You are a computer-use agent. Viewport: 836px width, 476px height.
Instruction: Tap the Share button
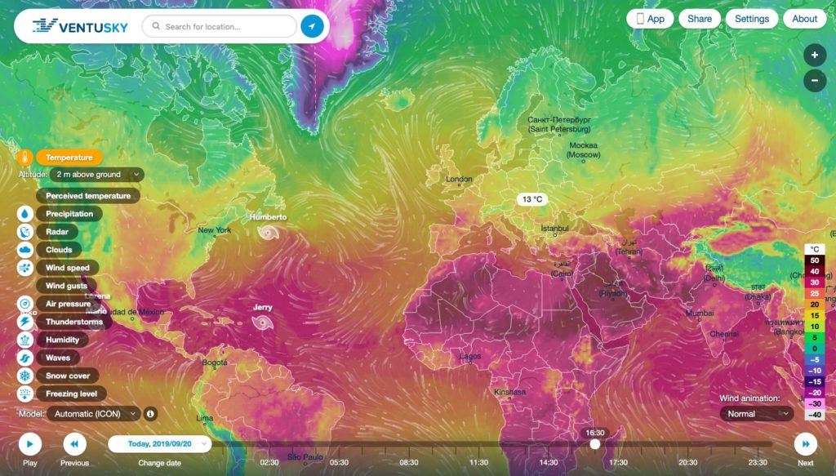[700, 19]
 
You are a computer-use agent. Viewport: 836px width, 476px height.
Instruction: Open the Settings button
[752, 19]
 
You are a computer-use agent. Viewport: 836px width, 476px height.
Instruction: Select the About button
[804, 19]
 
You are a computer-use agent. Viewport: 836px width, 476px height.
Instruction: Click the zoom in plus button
[814, 56]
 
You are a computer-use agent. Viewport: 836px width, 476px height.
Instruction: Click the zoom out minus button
[814, 81]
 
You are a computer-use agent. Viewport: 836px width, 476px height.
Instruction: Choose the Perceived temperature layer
[88, 196]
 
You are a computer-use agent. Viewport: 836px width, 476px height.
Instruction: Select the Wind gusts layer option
[68, 286]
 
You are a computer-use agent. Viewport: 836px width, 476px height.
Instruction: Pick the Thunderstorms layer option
[74, 322]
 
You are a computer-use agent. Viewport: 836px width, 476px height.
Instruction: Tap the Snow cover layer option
[68, 376]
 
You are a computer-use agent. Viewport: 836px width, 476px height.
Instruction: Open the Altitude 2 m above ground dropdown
[96, 174]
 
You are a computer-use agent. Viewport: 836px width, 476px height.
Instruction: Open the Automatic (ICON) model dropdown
[95, 414]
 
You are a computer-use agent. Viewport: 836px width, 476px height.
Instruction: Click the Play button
[29, 444]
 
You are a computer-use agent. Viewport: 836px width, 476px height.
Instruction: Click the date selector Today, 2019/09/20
[160, 444]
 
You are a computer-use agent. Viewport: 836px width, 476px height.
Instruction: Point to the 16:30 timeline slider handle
[595, 444]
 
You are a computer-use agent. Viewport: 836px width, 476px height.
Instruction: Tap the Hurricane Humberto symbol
[267, 233]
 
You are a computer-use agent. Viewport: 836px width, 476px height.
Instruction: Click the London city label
[459, 180]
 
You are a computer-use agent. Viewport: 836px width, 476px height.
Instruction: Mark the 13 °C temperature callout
[532, 199]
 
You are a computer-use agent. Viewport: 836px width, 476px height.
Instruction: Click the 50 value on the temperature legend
[814, 260]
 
